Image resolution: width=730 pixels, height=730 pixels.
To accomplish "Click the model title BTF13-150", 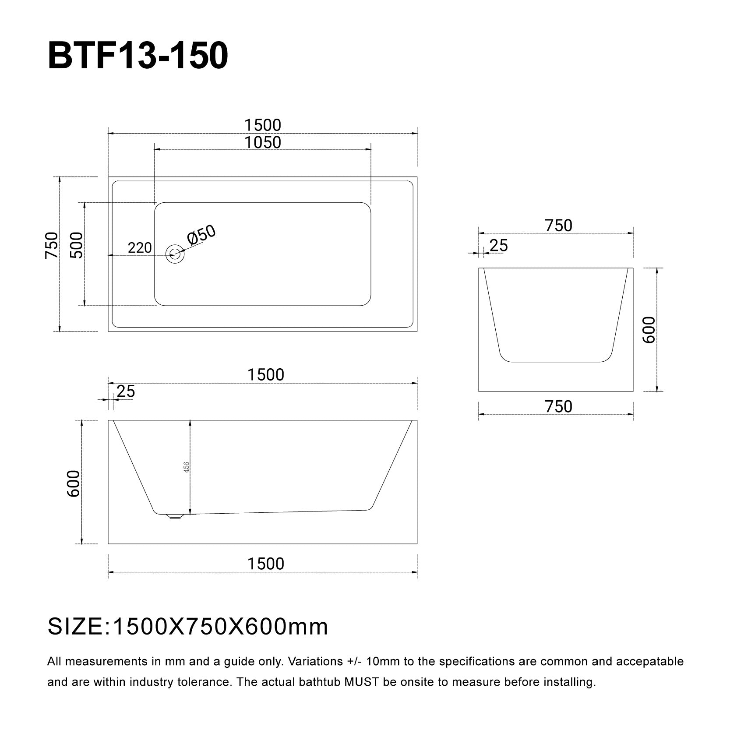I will (x=138, y=56).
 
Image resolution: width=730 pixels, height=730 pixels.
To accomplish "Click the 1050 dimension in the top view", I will (x=263, y=142).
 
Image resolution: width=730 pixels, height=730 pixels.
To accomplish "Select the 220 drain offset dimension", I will (x=140, y=248).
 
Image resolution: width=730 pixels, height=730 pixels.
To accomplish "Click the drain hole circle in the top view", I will (x=175, y=254).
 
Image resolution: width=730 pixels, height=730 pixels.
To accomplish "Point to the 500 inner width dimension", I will (x=77, y=245).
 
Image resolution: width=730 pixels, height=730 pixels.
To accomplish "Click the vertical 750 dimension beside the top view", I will (x=51, y=245).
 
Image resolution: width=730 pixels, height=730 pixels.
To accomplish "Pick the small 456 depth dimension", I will (x=186, y=467).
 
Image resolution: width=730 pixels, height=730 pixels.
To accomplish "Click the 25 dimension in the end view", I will (x=498, y=246).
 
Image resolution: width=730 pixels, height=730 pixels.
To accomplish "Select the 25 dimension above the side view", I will (x=126, y=391).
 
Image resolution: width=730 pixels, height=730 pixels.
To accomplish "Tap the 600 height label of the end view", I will (x=649, y=330).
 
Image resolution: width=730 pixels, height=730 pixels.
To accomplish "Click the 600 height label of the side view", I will (x=73, y=483).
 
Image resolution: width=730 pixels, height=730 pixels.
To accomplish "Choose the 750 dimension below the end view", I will (x=558, y=407).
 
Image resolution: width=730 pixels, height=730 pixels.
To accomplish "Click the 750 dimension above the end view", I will (x=558, y=226).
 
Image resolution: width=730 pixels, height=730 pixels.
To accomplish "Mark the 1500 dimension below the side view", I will (x=266, y=564).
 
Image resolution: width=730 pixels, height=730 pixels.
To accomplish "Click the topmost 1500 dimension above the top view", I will (x=263, y=125).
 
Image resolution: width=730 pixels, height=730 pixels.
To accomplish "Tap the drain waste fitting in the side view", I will (x=175, y=516).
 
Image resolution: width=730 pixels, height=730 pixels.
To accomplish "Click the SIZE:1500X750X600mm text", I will (x=187, y=627).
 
